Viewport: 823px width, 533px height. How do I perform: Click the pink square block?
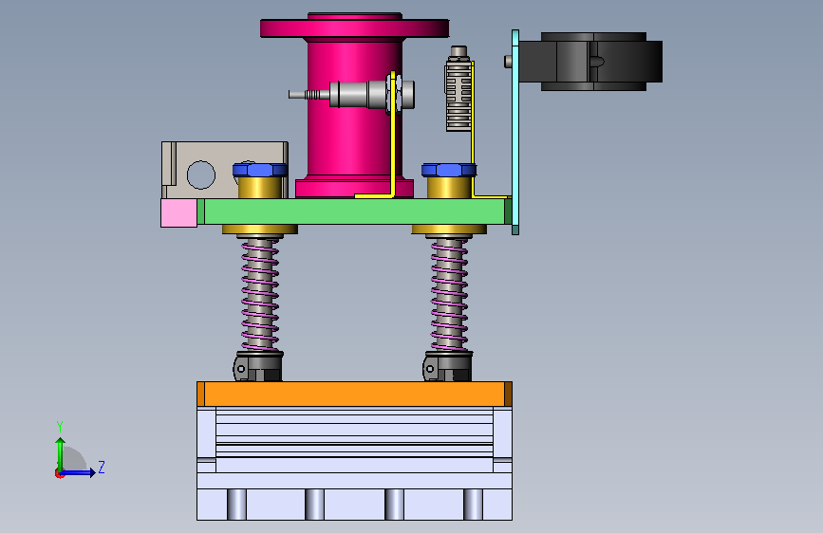(x=179, y=212)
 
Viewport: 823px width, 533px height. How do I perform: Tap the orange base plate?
(x=354, y=394)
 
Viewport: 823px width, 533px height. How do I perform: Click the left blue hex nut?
(x=260, y=170)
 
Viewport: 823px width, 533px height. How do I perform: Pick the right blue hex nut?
(x=449, y=170)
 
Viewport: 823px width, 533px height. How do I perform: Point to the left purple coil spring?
(x=260, y=294)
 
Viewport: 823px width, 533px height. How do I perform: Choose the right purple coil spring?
(x=449, y=294)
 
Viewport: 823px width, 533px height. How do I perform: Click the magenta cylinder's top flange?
(x=355, y=28)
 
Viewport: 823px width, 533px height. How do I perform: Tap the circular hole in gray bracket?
(x=201, y=175)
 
